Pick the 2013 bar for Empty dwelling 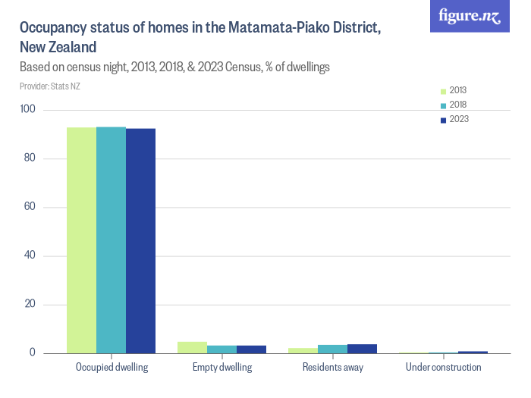[x=192, y=348]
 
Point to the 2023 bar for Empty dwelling [x=251, y=349]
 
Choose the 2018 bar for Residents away [x=332, y=349]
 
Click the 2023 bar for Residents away [x=362, y=349]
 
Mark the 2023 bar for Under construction [x=473, y=353]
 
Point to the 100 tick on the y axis [x=29, y=110]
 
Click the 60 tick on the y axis [x=31, y=207]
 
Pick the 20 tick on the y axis [x=31, y=305]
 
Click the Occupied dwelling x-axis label [x=112, y=368]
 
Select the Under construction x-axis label [x=443, y=368]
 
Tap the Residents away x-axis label [x=332, y=368]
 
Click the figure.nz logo [x=470, y=16]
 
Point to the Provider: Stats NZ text [x=50, y=86]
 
